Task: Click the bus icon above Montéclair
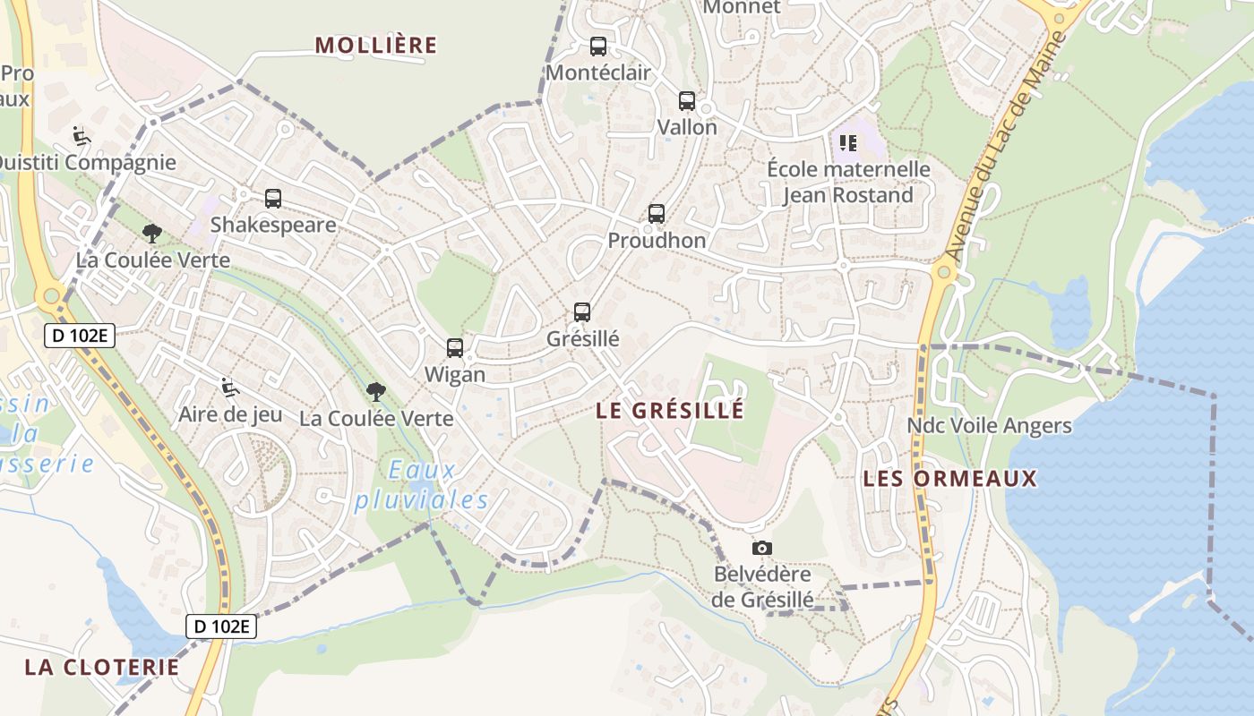[x=598, y=47]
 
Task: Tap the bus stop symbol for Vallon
[x=687, y=101]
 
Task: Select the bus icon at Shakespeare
[x=273, y=199]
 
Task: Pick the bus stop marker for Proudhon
[x=657, y=214]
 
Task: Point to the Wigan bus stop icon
[x=455, y=348]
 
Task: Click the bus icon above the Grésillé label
[x=582, y=312]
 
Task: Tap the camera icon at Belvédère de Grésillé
[x=762, y=548]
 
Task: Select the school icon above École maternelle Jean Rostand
[x=847, y=142]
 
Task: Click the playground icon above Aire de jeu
[x=229, y=388]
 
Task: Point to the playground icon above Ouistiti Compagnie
[x=82, y=136]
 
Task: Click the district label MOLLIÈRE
[x=376, y=46]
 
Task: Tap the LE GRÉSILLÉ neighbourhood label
[x=670, y=411]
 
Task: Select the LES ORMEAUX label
[x=949, y=479]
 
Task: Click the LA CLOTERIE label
[x=102, y=668]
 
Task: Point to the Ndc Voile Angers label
[x=989, y=426]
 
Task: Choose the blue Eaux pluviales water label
[x=422, y=485]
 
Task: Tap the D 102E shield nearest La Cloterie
[x=221, y=626]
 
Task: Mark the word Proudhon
[x=657, y=241]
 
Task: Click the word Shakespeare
[x=273, y=225]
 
